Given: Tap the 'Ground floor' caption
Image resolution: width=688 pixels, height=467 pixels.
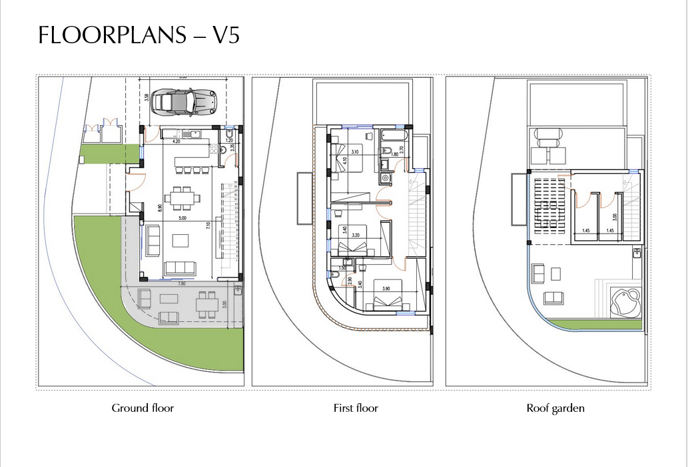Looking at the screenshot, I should (x=143, y=408).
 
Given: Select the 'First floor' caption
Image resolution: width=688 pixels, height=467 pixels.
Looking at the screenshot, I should (x=356, y=408).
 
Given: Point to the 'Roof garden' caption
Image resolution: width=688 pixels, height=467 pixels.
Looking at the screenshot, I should (x=555, y=408).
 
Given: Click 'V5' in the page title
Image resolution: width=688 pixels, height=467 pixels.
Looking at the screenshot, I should (x=225, y=35).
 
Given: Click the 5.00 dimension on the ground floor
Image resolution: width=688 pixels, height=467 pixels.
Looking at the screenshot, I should (x=182, y=217).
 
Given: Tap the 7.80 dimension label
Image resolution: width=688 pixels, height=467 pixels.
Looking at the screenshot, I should (x=181, y=283).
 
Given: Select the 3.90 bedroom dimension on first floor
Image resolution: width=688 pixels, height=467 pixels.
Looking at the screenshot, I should (x=386, y=287).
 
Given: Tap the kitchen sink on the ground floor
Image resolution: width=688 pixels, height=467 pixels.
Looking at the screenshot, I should (x=195, y=134).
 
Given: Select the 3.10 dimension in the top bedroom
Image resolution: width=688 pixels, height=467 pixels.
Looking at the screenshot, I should (x=355, y=152).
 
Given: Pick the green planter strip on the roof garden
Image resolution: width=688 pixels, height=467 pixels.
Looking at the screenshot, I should (x=596, y=324).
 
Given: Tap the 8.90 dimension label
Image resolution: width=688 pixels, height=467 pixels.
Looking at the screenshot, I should (x=160, y=208).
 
